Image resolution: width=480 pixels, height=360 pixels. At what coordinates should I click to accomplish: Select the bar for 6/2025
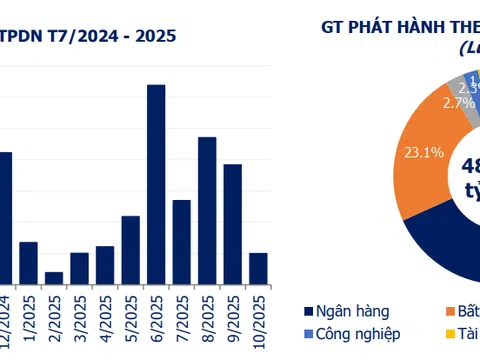(x=156, y=184)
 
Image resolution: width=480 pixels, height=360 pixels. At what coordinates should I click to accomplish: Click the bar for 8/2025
(x=207, y=210)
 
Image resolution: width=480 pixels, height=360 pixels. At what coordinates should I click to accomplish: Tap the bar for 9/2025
(x=232, y=224)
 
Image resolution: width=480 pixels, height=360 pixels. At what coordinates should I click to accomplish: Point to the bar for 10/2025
(x=258, y=268)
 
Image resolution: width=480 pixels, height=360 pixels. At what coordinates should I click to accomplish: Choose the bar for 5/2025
(x=131, y=250)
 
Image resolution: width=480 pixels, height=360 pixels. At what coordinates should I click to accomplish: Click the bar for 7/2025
(x=182, y=242)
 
